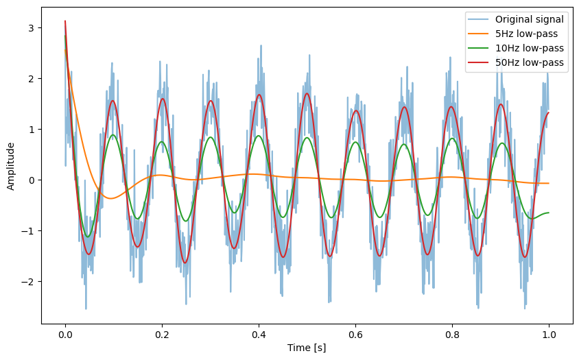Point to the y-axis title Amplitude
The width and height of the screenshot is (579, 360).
click(x=10, y=166)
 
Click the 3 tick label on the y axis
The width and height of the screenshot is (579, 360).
click(x=32, y=28)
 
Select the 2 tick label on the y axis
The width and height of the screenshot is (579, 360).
click(x=32, y=79)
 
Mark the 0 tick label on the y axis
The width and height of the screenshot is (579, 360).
click(x=32, y=180)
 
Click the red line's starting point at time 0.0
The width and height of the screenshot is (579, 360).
click(x=65, y=21)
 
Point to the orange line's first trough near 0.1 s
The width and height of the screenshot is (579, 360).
click(x=110, y=198)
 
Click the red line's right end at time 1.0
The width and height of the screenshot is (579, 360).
click(x=549, y=113)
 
